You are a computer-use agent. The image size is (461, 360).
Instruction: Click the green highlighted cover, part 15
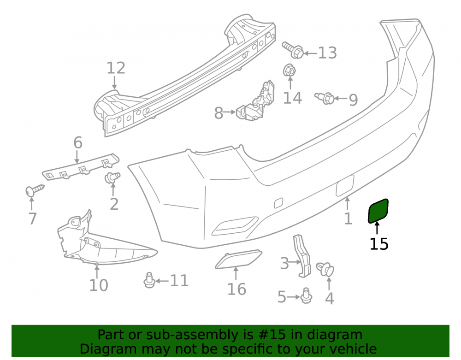[x=378, y=211]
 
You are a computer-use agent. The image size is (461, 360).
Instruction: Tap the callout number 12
[x=116, y=68]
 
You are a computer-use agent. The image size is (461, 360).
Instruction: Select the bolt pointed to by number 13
[x=293, y=50]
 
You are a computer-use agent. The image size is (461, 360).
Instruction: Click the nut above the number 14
[x=290, y=70]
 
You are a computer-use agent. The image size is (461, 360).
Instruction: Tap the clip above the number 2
[x=112, y=177]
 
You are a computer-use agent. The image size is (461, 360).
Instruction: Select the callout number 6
[x=77, y=143]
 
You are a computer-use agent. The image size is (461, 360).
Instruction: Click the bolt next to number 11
[x=149, y=280]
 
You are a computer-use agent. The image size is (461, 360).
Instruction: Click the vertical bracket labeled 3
[x=302, y=256]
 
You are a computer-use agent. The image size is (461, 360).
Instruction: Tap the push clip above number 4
[x=325, y=269]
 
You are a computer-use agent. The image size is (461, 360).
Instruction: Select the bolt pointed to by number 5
[x=306, y=296]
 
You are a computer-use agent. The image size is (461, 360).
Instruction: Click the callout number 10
[x=99, y=285]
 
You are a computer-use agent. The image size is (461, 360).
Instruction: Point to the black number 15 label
[x=379, y=244]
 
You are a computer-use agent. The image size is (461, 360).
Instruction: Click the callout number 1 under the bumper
[x=348, y=218]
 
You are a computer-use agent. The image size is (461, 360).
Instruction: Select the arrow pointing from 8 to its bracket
[x=230, y=112]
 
